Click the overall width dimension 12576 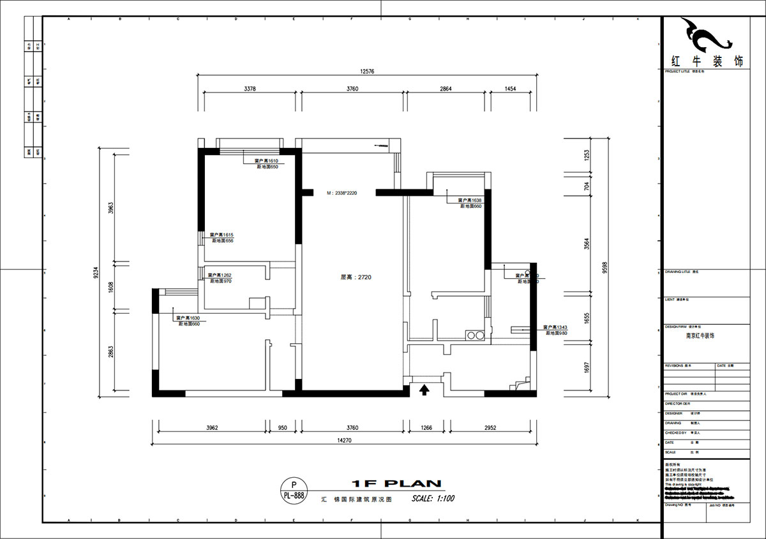pyautogui.click(x=366, y=71)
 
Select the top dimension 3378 pyautogui.click(x=250, y=89)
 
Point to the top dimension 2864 pyautogui.click(x=446, y=89)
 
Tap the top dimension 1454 pyautogui.click(x=511, y=89)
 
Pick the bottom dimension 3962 pyautogui.click(x=212, y=428)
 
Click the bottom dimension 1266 pyautogui.click(x=426, y=428)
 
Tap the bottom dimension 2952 pyautogui.click(x=492, y=428)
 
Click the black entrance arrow pyautogui.click(x=424, y=389)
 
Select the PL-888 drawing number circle pyautogui.click(x=294, y=489)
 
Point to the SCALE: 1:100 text pyautogui.click(x=433, y=498)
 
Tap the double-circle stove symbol pyautogui.click(x=475, y=334)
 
